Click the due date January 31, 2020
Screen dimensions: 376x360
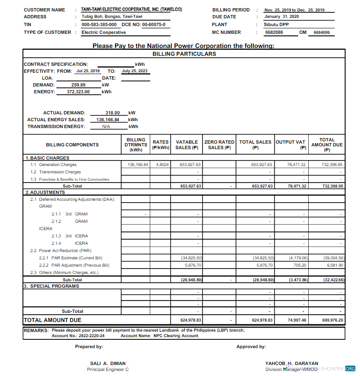click(x=281, y=17)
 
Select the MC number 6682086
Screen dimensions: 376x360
click(x=274, y=32)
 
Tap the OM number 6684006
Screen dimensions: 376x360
click(x=322, y=32)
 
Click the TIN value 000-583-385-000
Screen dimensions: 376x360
click(x=99, y=25)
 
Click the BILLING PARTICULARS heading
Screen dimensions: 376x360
click(x=184, y=54)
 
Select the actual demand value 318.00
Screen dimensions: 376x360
click(x=112, y=113)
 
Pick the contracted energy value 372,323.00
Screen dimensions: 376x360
click(x=75, y=91)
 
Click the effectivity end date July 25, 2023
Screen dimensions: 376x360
click(x=135, y=71)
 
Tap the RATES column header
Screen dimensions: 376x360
click(x=160, y=145)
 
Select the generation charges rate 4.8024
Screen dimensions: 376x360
click(x=162, y=165)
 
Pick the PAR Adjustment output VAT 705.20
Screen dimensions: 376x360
click(x=300, y=265)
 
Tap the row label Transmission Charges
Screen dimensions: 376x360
click(x=60, y=172)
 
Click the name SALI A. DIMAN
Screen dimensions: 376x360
click(x=108, y=363)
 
